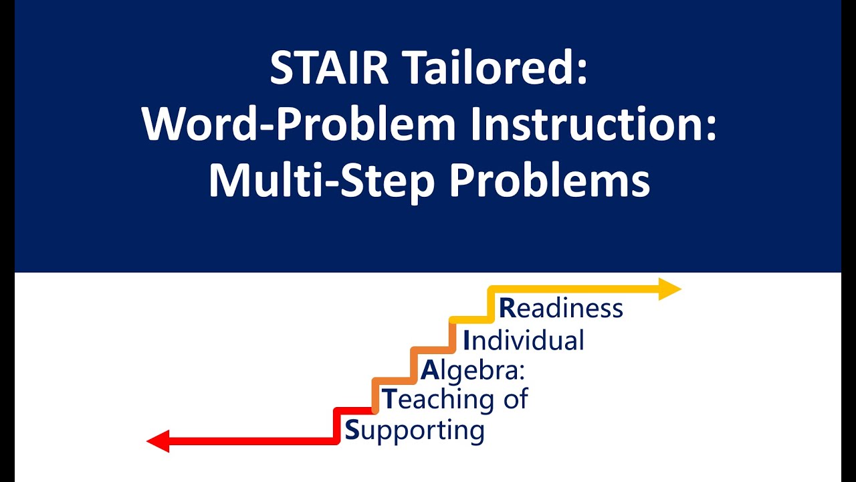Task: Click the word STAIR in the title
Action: pyautogui.click(x=328, y=69)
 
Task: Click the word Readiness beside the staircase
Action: pyautogui.click(x=561, y=309)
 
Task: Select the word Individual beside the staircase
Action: pyautogui.click(x=524, y=340)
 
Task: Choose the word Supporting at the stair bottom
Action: pyautogui.click(x=414, y=430)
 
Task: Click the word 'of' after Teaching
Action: pyautogui.click(x=514, y=400)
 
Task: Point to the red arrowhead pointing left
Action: pyautogui.click(x=157, y=441)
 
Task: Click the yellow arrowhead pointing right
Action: pyautogui.click(x=670, y=289)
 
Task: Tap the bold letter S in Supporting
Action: pyautogui.click(x=352, y=430)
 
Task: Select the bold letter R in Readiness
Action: pyautogui.click(x=508, y=309)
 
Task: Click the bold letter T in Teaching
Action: pyautogui.click(x=389, y=400)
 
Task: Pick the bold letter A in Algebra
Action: pyautogui.click(x=429, y=370)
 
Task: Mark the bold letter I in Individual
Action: pyautogui.click(x=467, y=340)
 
